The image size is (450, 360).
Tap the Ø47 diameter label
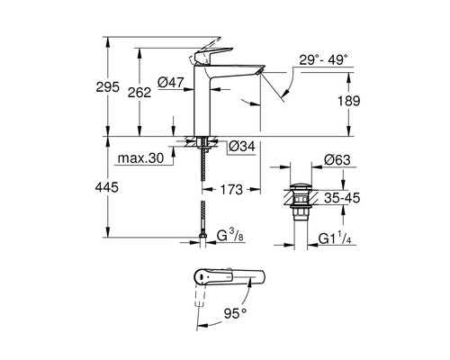point(171,82)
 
